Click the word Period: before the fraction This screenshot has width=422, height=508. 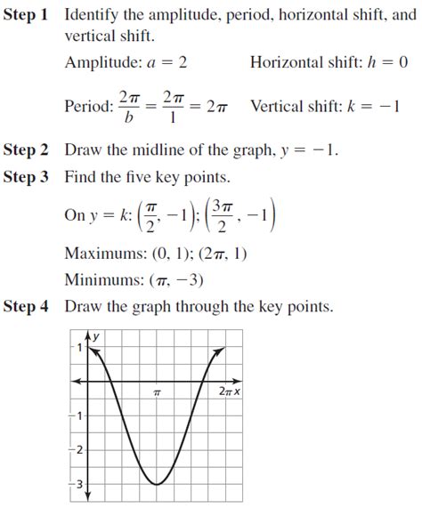pyautogui.click(x=88, y=107)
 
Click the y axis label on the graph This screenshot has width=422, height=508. pyautogui.click(x=95, y=335)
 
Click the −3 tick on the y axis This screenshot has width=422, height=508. pyautogui.click(x=77, y=484)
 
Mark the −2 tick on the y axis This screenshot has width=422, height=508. pyautogui.click(x=77, y=450)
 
